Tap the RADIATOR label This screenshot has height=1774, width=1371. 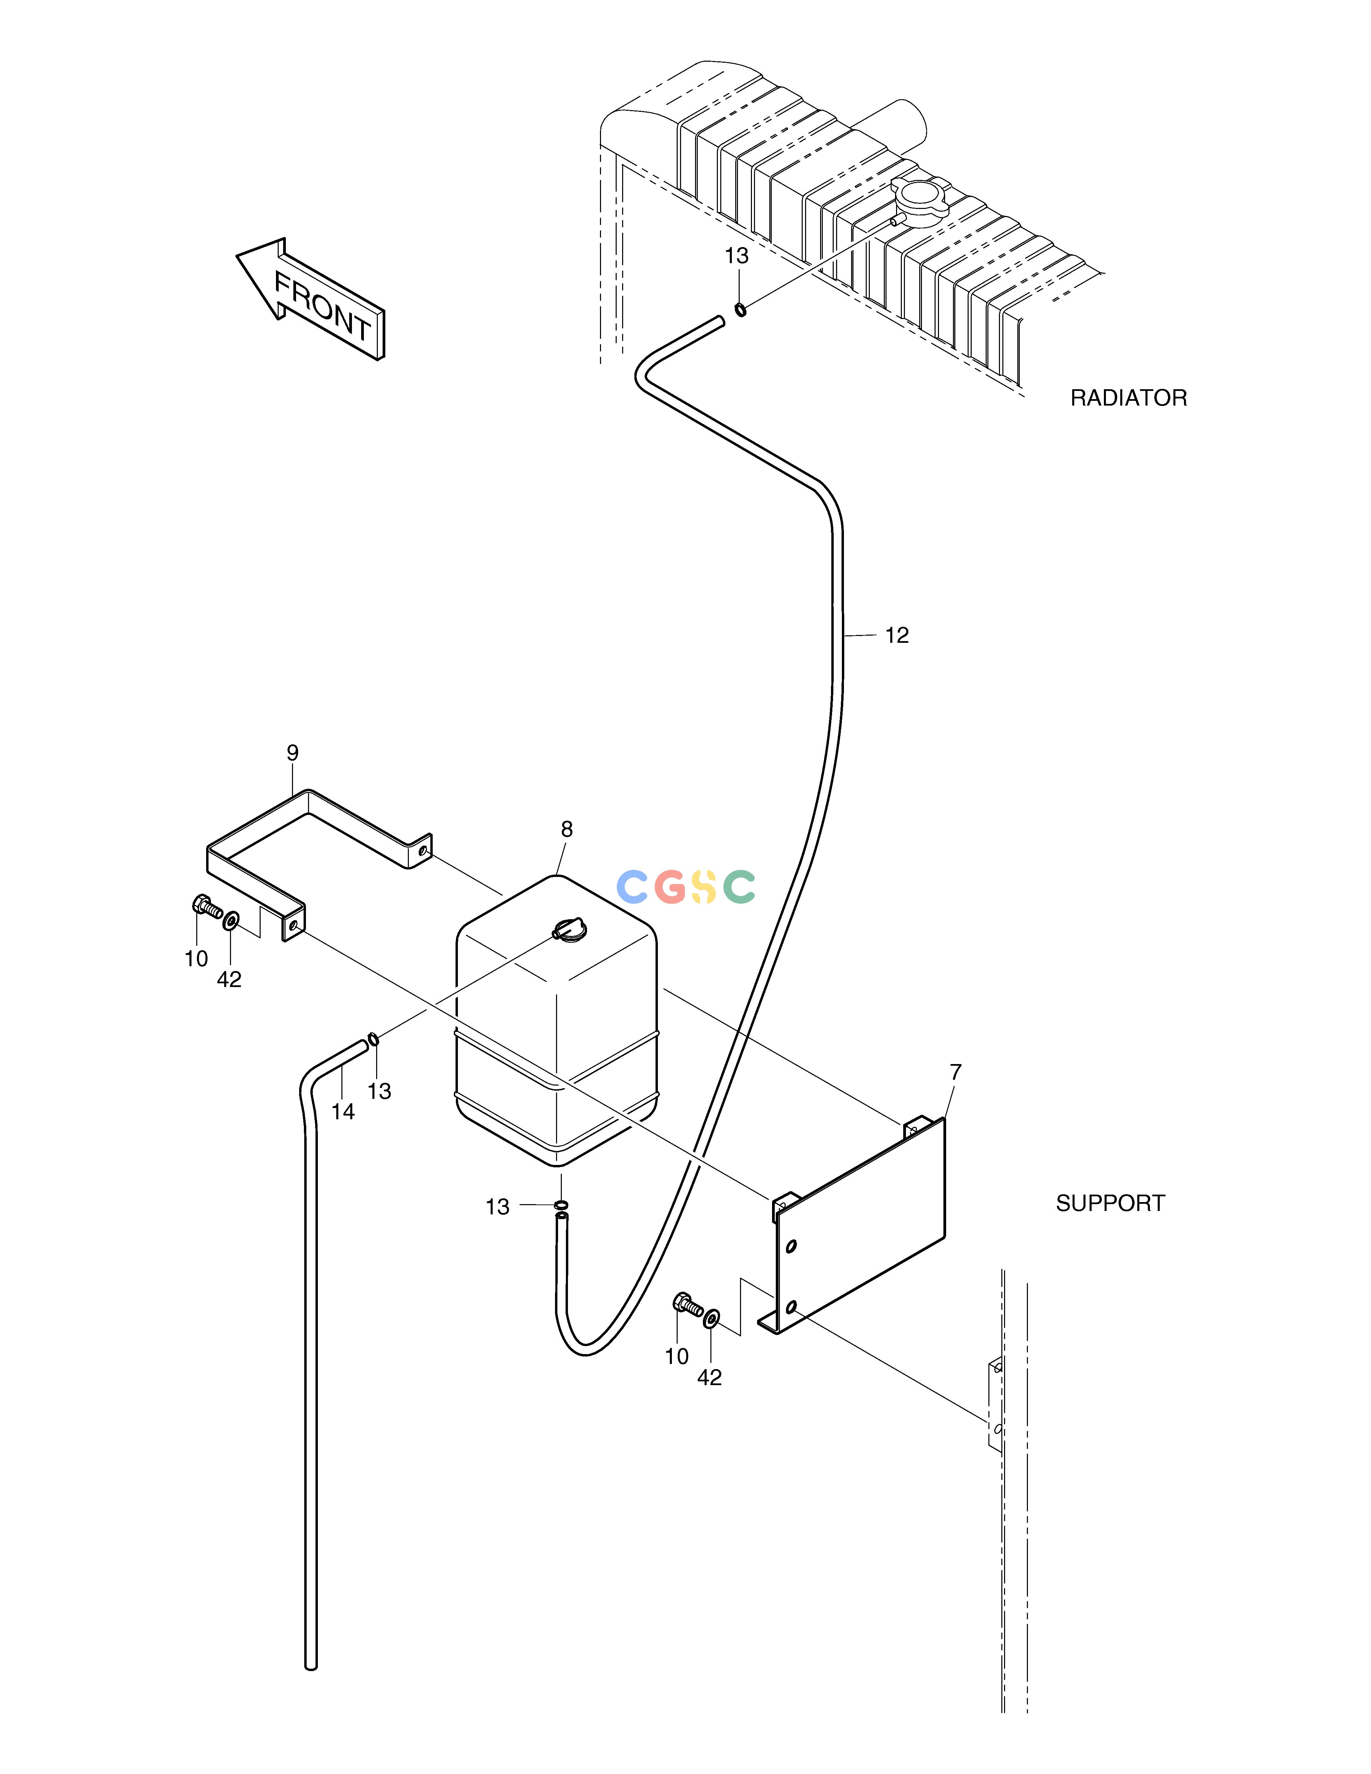1128,398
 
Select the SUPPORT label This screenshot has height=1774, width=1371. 1110,1203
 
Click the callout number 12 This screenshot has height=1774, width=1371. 897,635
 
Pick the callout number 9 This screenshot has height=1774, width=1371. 292,752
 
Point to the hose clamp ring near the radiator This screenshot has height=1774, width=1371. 741,309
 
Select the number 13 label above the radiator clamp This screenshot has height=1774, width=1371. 737,256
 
